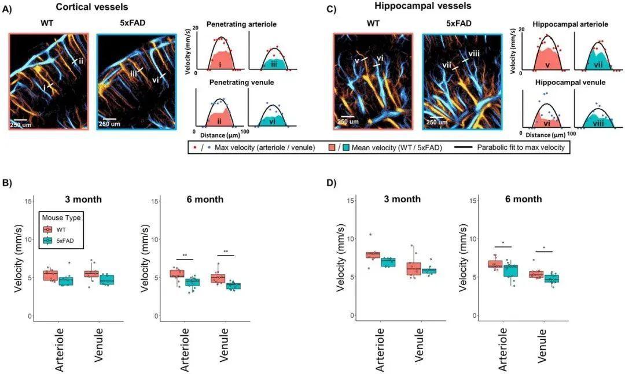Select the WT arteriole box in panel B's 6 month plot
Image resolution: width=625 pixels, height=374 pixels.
point(177,273)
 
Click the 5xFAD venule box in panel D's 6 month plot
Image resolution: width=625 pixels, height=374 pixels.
point(554,279)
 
